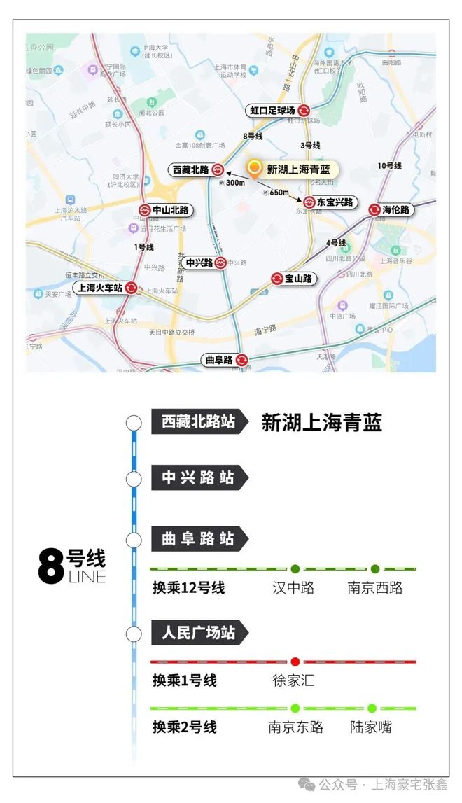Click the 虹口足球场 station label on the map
pos(273,110)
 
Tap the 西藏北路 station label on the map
pos(190,169)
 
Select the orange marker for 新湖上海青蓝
pos(255,168)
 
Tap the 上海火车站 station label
pos(97,288)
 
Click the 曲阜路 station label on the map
pos(217,360)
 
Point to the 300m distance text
pos(235,183)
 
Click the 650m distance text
pos(279,193)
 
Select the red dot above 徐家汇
pos(295,662)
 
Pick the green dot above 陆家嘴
pos(372,708)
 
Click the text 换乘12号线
pos(189,587)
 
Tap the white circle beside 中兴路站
pos(134,479)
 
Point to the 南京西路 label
pos(375,587)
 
